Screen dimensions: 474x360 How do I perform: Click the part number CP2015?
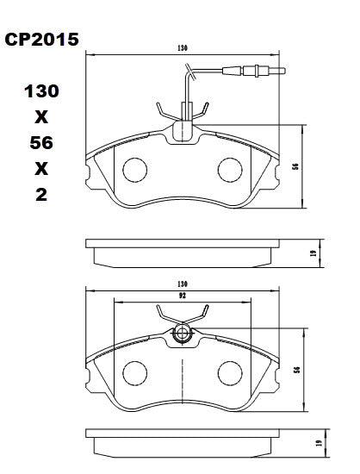pyautogui.click(x=42, y=40)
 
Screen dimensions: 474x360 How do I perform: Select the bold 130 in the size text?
pyautogui.click(x=41, y=90)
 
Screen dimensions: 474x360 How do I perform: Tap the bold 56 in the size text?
pyautogui.click(x=41, y=142)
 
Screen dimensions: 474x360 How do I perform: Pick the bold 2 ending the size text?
pyautogui.click(x=41, y=195)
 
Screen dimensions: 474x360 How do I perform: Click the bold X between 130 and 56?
pyautogui.click(x=41, y=116)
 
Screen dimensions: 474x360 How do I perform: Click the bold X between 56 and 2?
pyautogui.click(x=41, y=169)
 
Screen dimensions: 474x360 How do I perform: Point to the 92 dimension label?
pyautogui.click(x=182, y=295)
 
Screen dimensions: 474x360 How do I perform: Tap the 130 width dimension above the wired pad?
pyautogui.click(x=182, y=48)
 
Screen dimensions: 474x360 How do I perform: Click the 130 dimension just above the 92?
pyautogui.click(x=182, y=284)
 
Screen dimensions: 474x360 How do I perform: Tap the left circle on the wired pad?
pyautogui.click(x=134, y=170)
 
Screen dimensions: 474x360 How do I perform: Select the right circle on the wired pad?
pyautogui.click(x=230, y=170)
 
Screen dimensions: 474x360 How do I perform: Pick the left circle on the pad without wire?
pyautogui.click(x=134, y=372)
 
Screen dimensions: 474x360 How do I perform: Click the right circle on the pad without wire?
pyautogui.click(x=230, y=372)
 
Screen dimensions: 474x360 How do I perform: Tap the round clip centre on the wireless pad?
pyautogui.click(x=182, y=334)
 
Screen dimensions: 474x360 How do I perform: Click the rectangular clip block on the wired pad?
pyautogui.click(x=183, y=130)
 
